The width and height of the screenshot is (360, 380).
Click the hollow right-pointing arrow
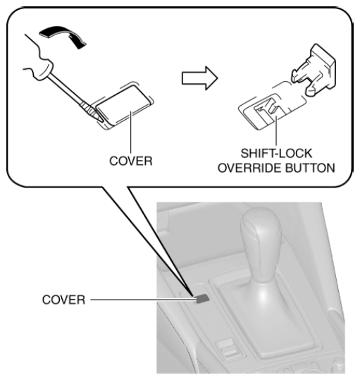pyautogui.click(x=199, y=78)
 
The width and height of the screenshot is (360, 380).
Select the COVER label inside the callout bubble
pyautogui.click(x=131, y=161)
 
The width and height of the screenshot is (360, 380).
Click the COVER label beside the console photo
pyautogui.click(x=63, y=300)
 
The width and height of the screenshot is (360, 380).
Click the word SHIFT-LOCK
pyautogui.click(x=276, y=153)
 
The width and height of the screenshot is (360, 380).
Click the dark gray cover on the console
pyautogui.click(x=202, y=299)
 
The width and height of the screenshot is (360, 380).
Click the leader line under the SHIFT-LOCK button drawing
pyautogui.click(x=276, y=130)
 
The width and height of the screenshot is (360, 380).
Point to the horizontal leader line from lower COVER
pyautogui.click(x=143, y=300)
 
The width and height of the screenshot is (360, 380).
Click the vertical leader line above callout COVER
pyautogui.click(x=131, y=132)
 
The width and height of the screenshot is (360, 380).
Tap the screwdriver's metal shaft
pyautogui.click(x=66, y=89)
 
